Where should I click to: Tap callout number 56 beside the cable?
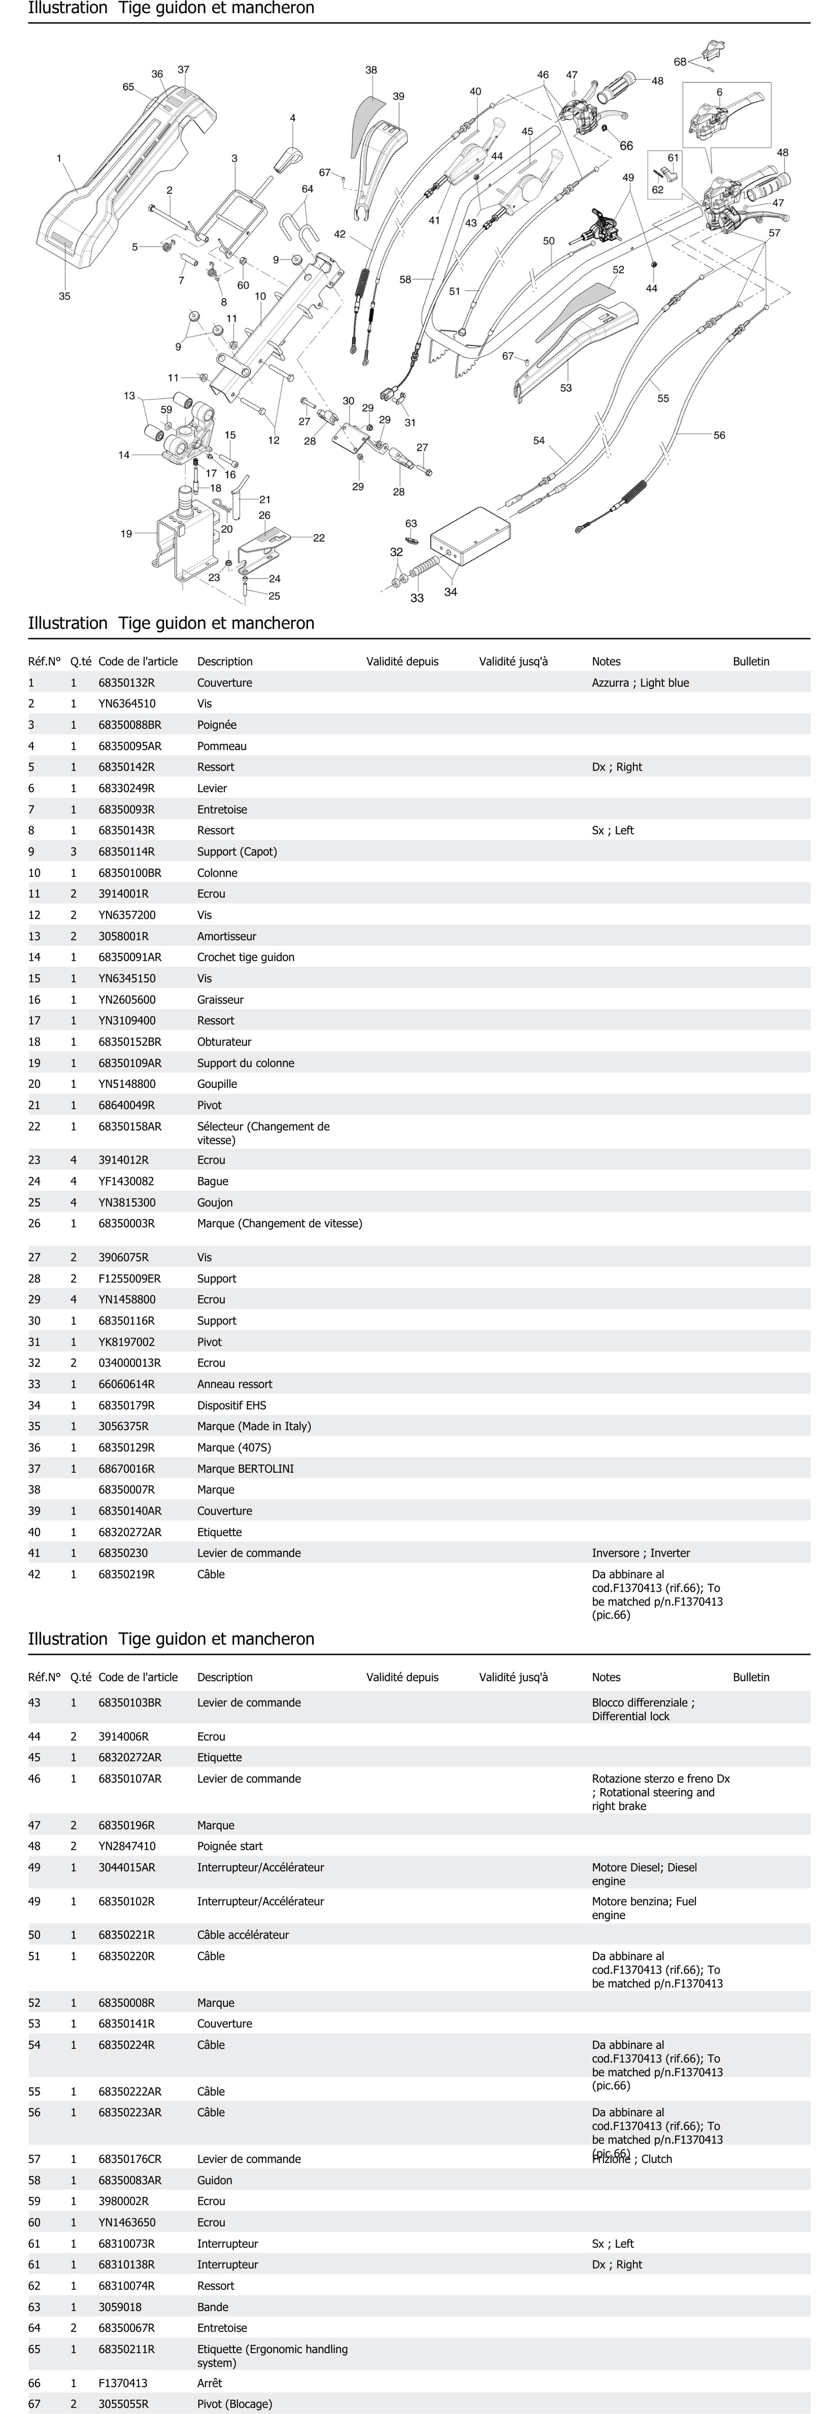click(719, 435)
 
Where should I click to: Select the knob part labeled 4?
click(289, 157)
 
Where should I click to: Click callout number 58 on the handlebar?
click(405, 279)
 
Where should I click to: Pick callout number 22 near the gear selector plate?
click(319, 538)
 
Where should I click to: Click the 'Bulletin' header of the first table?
click(751, 662)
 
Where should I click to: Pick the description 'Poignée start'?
click(230, 1846)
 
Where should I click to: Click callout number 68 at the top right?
click(680, 62)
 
